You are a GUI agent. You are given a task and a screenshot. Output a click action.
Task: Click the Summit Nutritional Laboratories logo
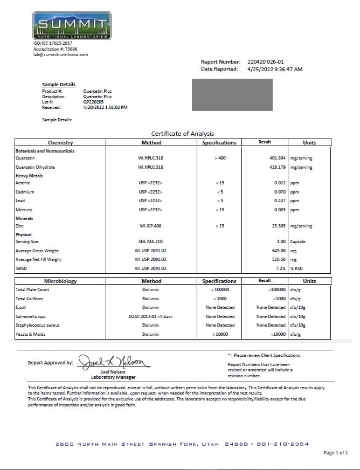click(x=72, y=24)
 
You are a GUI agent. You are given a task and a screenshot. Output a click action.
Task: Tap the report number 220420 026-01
click(x=265, y=62)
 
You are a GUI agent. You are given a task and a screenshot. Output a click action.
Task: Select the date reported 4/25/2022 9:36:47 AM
click(x=275, y=69)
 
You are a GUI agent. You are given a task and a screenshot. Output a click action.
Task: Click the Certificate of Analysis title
click(x=182, y=134)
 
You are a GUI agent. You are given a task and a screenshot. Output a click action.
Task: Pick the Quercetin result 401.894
click(x=277, y=158)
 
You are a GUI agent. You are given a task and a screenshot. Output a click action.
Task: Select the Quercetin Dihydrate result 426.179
click(x=277, y=167)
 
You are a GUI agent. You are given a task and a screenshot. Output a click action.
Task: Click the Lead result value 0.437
click(x=280, y=201)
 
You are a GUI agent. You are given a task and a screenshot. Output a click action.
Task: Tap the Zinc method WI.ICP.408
click(x=150, y=226)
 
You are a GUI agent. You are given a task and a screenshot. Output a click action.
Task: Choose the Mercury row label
click(x=24, y=210)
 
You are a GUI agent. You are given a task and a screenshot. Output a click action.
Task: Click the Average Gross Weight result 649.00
click(x=279, y=251)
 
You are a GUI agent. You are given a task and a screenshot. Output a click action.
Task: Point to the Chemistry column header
click(x=60, y=143)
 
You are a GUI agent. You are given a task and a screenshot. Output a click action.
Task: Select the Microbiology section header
click(x=60, y=281)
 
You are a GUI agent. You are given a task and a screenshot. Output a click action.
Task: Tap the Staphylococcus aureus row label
click(x=37, y=325)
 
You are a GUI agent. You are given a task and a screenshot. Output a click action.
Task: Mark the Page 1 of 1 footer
click(x=336, y=453)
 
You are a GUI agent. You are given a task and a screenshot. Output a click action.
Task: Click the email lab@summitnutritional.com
click(x=60, y=54)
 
